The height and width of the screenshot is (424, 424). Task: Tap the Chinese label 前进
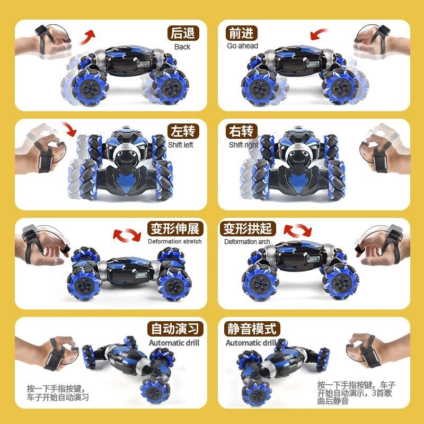(x=242, y=33)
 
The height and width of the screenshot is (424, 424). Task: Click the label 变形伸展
(x=174, y=229)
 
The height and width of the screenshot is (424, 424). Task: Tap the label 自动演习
(x=174, y=329)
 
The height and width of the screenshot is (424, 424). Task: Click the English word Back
(x=182, y=47)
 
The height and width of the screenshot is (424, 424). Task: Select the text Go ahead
(x=242, y=46)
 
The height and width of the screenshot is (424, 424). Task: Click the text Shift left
(x=181, y=145)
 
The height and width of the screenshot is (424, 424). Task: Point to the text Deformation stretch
(x=175, y=242)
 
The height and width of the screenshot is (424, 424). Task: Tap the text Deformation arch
(x=247, y=242)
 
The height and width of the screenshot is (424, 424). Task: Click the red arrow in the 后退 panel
(x=88, y=37)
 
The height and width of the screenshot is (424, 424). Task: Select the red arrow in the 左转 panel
(x=69, y=129)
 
